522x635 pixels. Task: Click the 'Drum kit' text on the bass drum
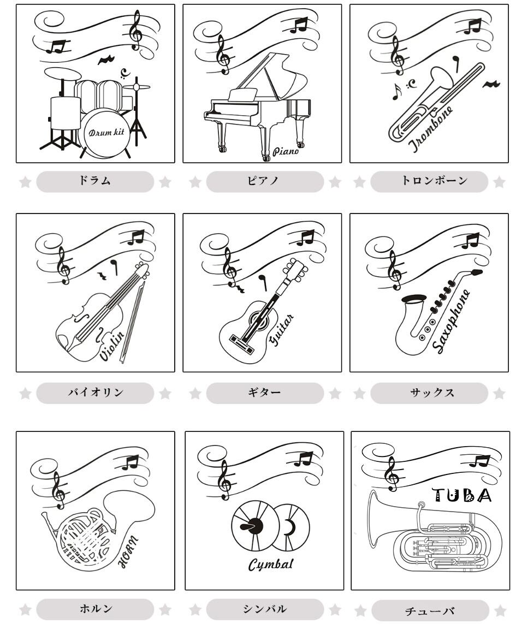click(106, 132)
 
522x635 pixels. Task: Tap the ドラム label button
click(95, 181)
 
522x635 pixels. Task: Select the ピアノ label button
click(265, 181)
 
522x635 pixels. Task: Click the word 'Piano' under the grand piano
click(286, 151)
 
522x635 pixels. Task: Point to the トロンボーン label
click(429, 181)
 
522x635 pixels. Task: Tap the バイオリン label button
click(95, 393)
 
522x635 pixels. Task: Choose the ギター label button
click(265, 393)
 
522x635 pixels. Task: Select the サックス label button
click(429, 393)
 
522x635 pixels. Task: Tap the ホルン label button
click(95, 609)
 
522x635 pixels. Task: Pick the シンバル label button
click(265, 609)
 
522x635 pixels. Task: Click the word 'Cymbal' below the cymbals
click(270, 565)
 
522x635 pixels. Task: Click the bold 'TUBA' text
click(461, 495)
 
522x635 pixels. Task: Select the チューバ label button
click(430, 610)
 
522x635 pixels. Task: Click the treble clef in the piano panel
click(223, 55)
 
